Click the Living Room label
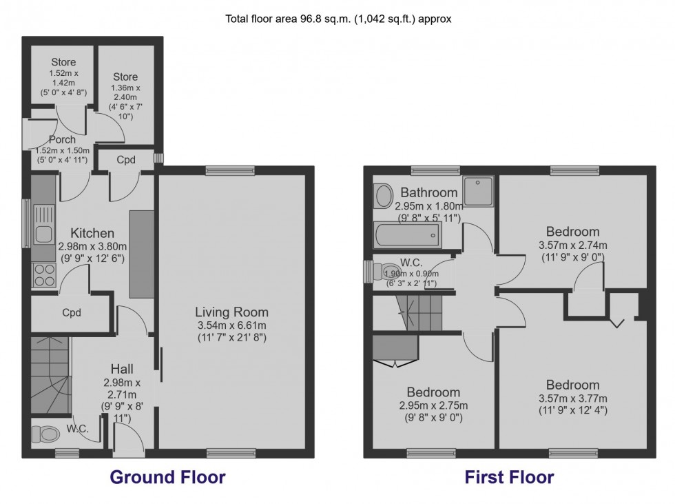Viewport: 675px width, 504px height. [x=231, y=312]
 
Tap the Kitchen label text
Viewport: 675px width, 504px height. [x=92, y=233]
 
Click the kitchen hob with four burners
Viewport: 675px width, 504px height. [x=45, y=274]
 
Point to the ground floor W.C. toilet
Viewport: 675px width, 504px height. [x=46, y=434]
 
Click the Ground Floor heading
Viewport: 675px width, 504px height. [x=167, y=477]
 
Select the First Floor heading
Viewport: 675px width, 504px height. [x=509, y=477]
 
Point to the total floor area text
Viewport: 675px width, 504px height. [x=338, y=19]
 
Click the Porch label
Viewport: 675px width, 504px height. [x=63, y=140]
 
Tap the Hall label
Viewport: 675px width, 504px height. [x=121, y=369]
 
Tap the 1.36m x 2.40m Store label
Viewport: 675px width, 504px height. [x=125, y=77]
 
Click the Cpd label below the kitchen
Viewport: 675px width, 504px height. [x=72, y=312]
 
